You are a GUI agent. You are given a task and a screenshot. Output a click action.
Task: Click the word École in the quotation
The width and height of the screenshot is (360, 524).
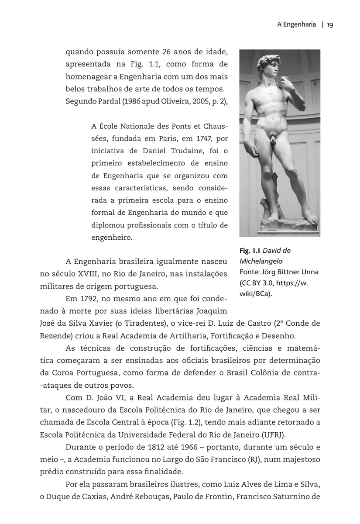click(107, 127)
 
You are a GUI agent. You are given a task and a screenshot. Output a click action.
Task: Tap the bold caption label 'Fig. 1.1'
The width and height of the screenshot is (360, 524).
click(250, 251)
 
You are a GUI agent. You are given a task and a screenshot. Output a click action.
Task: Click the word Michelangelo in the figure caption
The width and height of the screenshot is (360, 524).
click(261, 261)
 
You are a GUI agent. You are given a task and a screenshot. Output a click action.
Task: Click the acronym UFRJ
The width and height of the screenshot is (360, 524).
click(274, 435)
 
